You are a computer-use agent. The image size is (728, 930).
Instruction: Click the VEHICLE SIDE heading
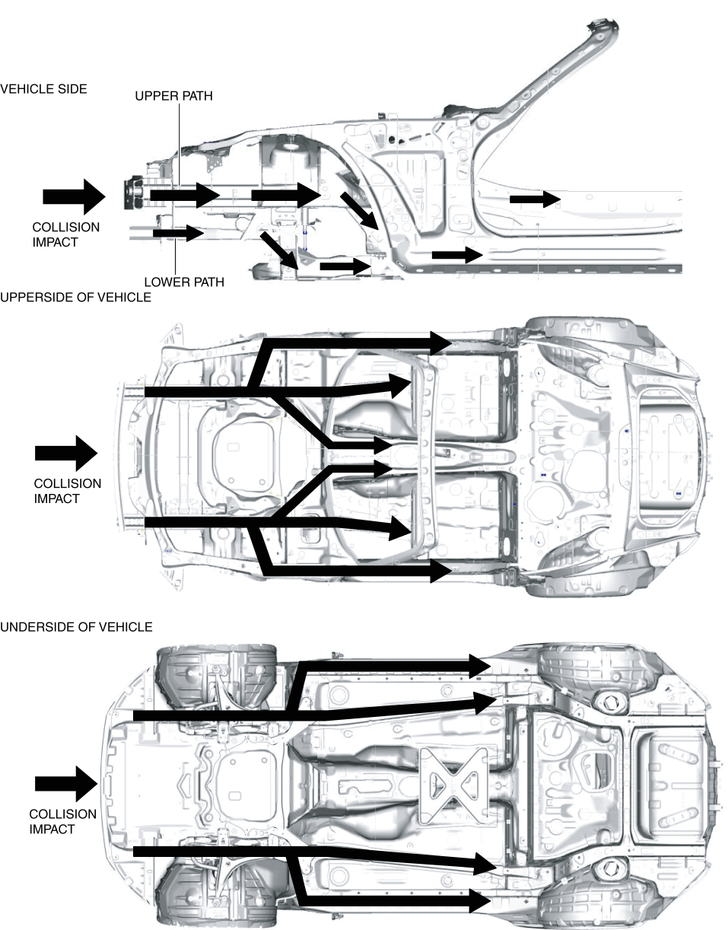(43, 89)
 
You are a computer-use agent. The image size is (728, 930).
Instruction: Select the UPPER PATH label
(173, 96)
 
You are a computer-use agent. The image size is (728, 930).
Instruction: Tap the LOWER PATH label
(184, 282)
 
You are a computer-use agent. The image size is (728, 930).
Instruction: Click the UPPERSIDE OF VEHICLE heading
(75, 297)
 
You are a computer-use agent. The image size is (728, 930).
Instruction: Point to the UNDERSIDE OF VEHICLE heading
(76, 627)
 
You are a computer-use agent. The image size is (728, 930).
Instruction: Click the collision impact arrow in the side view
(73, 196)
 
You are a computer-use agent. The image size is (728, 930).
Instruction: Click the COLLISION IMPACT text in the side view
(65, 234)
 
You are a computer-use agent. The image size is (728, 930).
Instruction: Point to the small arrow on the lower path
(178, 232)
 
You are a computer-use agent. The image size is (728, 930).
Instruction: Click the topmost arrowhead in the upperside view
(441, 342)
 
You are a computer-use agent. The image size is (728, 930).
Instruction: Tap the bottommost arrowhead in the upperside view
(441, 571)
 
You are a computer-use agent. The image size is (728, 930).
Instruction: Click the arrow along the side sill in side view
(456, 254)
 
